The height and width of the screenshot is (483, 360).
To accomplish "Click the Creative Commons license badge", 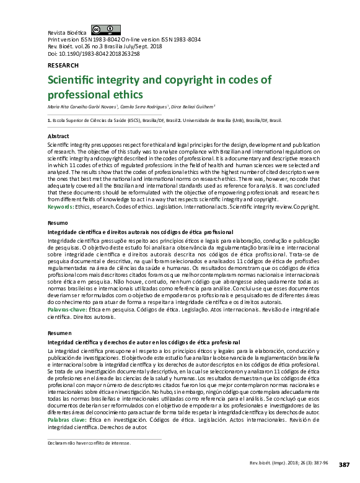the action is (105, 30).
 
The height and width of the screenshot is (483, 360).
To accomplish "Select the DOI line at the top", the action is (94, 54).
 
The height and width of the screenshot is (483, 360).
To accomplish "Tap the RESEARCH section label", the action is (63, 65).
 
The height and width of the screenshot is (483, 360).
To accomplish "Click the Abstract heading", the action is (58, 136).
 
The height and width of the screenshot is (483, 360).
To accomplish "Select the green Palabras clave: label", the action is (68, 420).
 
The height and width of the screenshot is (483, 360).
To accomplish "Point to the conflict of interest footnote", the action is (89, 443).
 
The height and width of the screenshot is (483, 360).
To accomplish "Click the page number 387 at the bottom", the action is (345, 464).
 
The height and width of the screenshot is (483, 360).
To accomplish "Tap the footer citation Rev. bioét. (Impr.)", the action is (273, 464).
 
